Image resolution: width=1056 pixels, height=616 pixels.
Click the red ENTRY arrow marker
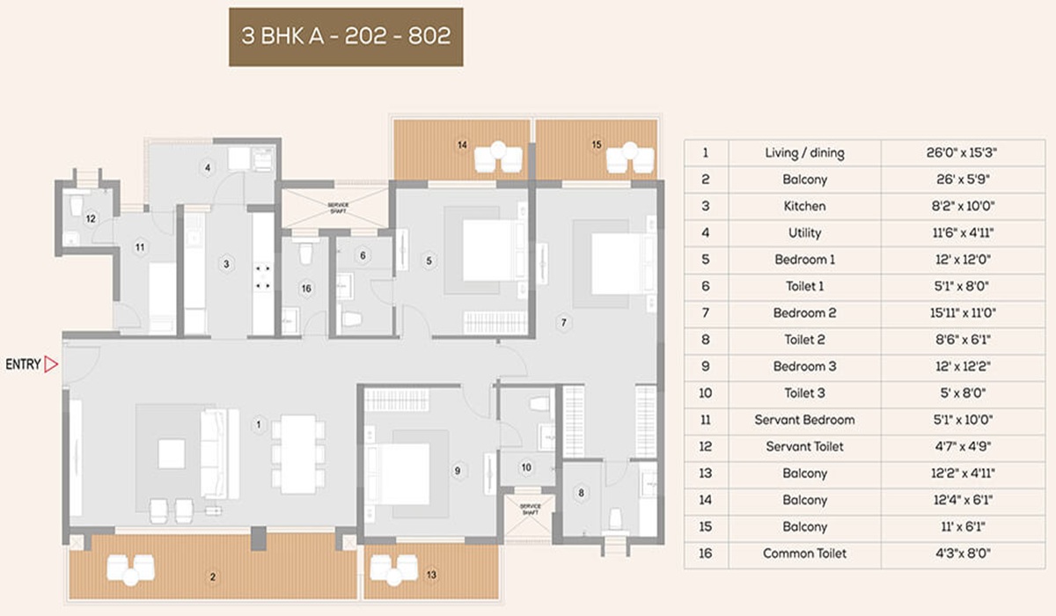(51, 364)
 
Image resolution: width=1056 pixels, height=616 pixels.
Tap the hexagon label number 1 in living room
(258, 427)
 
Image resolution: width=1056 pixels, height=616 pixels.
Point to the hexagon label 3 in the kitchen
(226, 263)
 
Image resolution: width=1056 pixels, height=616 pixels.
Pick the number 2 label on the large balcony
(212, 577)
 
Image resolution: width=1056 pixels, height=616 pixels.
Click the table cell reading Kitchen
(804, 206)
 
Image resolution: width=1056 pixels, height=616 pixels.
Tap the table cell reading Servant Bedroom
(804, 420)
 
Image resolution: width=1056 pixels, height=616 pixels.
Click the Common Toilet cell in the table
(804, 554)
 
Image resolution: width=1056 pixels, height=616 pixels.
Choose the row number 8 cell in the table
(705, 340)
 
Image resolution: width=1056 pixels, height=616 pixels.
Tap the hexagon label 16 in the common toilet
(305, 288)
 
